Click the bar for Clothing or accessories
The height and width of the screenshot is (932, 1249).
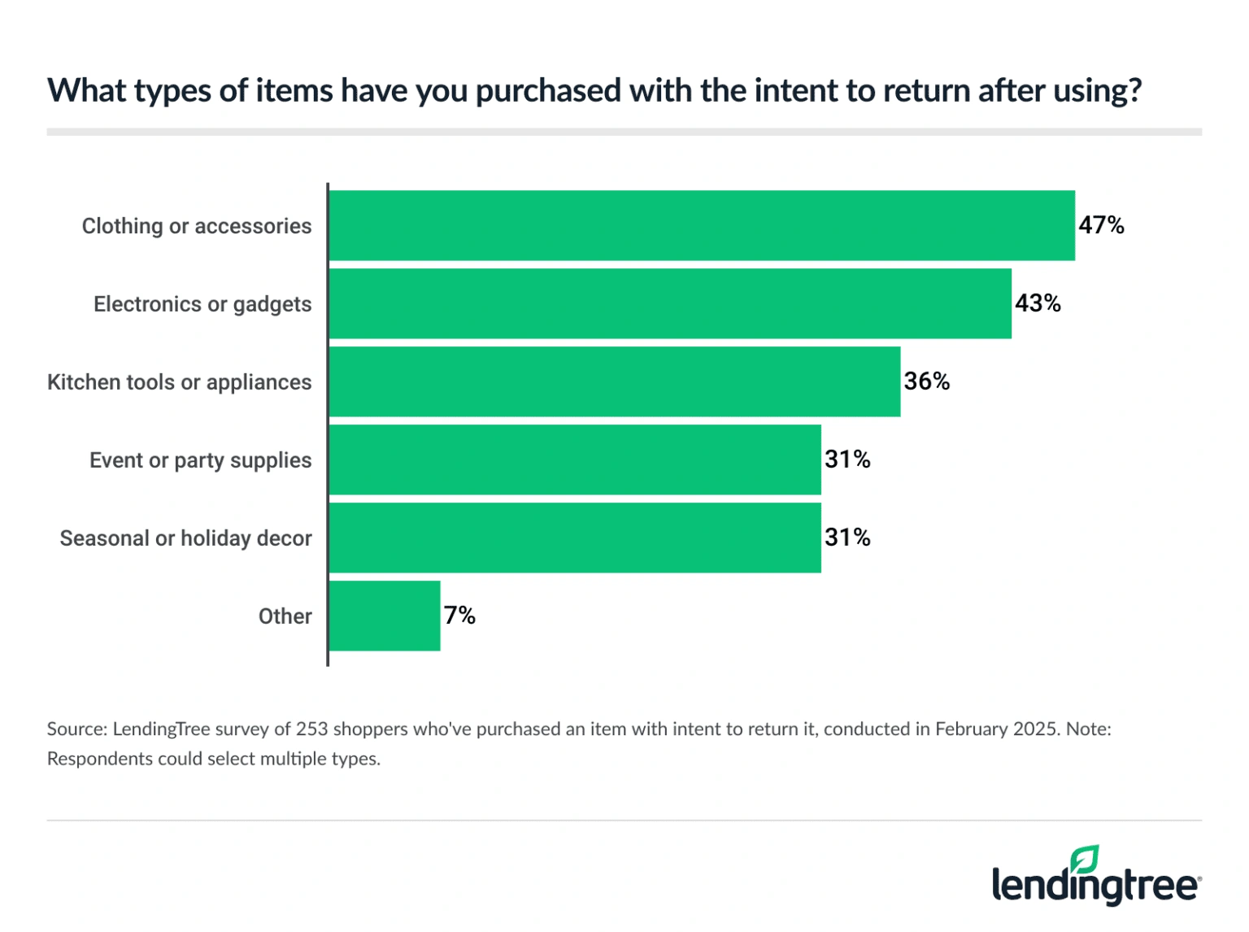[701, 225]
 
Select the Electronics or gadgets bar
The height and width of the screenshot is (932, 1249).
[670, 303]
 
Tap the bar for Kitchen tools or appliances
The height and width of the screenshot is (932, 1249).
[614, 381]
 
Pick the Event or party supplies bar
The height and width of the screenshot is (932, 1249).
[574, 459]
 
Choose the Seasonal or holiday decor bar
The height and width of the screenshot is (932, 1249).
[574, 538]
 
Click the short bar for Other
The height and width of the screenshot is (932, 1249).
[384, 616]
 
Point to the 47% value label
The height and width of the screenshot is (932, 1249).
[1101, 225]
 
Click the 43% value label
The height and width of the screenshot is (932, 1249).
[1038, 303]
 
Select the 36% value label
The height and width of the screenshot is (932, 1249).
[926, 381]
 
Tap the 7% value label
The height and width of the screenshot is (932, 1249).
[459, 616]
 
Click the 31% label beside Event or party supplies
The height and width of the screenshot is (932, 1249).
[847, 459]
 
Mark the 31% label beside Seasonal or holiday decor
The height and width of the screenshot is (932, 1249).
[847, 538]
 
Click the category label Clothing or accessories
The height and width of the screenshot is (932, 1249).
[196, 226]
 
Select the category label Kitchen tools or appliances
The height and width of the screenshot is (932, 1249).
[179, 382]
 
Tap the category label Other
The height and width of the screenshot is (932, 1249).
[285, 616]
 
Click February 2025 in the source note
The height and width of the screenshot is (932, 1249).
[997, 729]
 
